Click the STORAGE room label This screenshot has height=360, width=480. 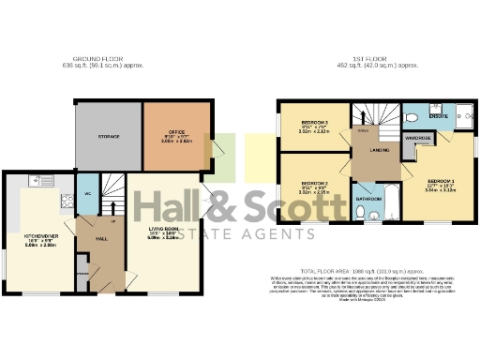pyautogui.click(x=109, y=136)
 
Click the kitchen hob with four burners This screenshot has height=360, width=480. pyautogui.click(x=67, y=199)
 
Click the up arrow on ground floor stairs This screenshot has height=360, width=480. pyautogui.click(x=111, y=222)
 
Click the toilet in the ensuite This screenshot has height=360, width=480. pyautogui.click(x=412, y=118)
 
